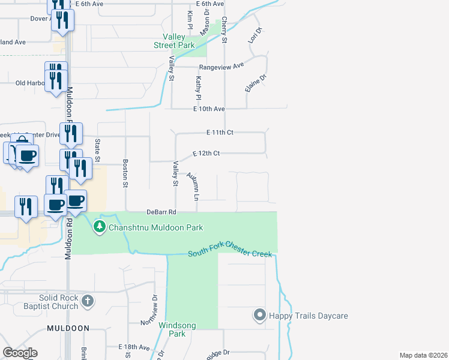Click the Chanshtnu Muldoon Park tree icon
pos(100,227)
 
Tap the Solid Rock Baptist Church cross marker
pos(88,301)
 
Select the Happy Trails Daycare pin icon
pos(260,314)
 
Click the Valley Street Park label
pos(173,40)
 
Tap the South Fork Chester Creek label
pos(230,254)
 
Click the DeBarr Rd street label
pos(161,212)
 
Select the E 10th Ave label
pos(208,109)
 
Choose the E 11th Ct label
pos(219,132)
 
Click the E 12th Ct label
pos(206,154)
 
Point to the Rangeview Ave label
pos(222,65)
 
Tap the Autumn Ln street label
pos(193,186)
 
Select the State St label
pos(97,150)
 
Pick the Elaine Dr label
pos(255,83)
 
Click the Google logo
pos(20,353)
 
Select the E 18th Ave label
pos(134,347)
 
